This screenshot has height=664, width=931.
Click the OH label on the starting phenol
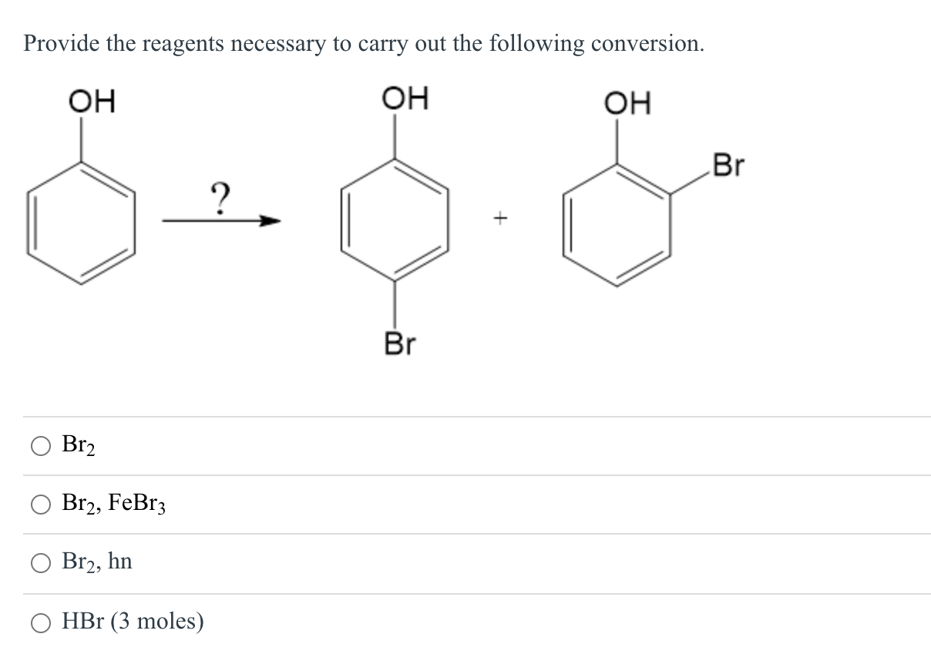tap(92, 102)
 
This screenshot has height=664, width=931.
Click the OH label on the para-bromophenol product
tap(405, 100)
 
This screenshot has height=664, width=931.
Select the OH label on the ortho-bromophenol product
tap(627, 102)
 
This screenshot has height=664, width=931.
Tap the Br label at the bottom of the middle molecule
tap(399, 344)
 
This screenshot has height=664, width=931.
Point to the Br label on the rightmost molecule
tap(728, 165)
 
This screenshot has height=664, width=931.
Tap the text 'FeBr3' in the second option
tap(137, 504)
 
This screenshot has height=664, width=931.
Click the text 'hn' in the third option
tap(120, 562)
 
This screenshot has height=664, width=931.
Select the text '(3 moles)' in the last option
tap(158, 622)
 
